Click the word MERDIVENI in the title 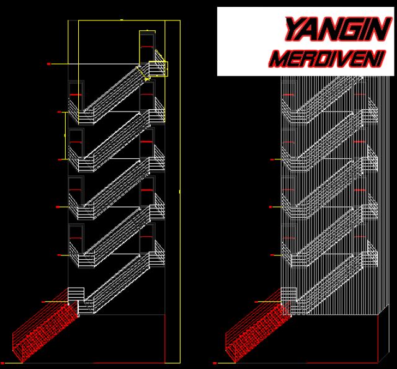point(328,59)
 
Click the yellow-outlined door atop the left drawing point(147,46)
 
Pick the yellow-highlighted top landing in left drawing point(158,68)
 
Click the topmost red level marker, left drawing point(48,64)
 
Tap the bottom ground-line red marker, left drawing point(3,361)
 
